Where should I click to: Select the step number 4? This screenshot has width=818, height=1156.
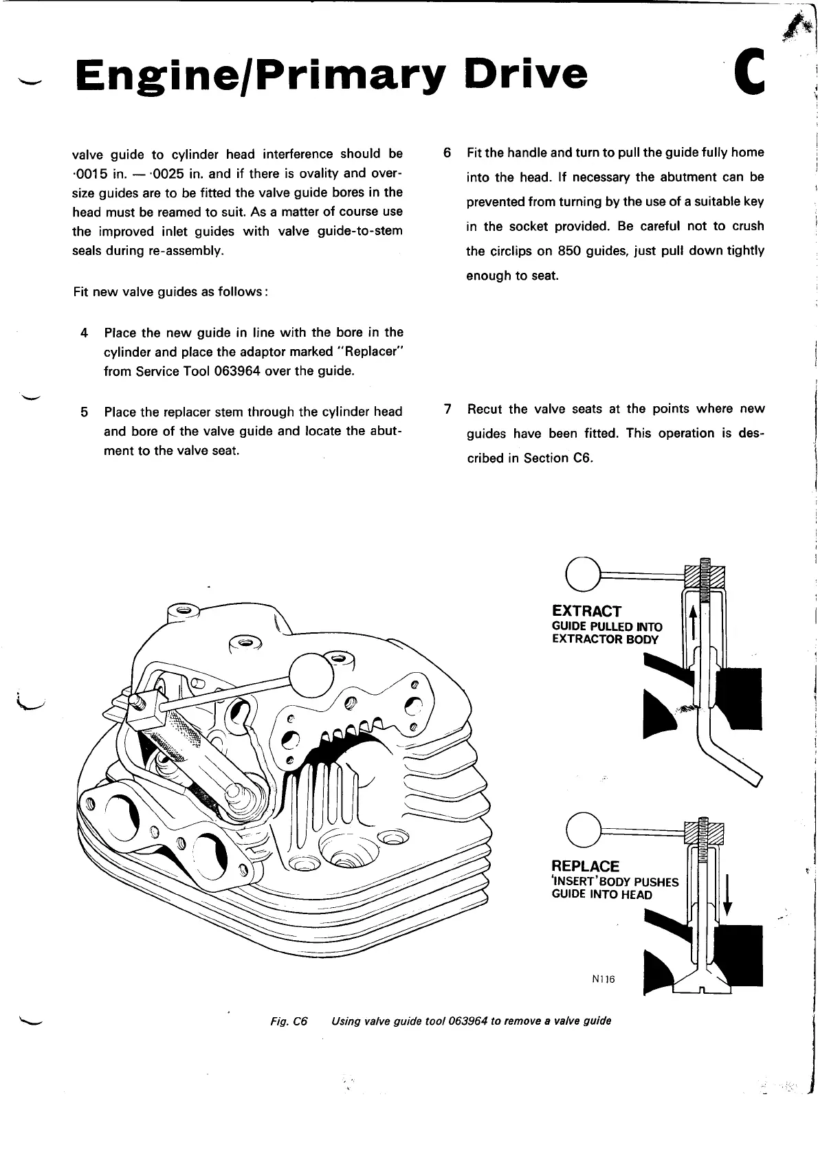pyautogui.click(x=85, y=333)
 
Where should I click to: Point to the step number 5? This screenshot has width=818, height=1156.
pyautogui.click(x=85, y=412)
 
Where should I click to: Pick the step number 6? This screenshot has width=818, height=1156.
pyautogui.click(x=447, y=153)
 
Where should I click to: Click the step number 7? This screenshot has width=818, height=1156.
pyautogui.click(x=447, y=410)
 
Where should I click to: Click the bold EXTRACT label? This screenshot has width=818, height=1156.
pyautogui.click(x=586, y=611)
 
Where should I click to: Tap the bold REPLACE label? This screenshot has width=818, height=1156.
pyautogui.click(x=585, y=866)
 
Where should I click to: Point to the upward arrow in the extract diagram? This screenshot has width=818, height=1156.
pyautogui.click(x=693, y=622)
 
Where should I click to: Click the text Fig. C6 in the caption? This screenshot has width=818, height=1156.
pyautogui.click(x=289, y=1021)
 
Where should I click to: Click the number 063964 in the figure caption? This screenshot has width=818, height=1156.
pyautogui.click(x=467, y=1021)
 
